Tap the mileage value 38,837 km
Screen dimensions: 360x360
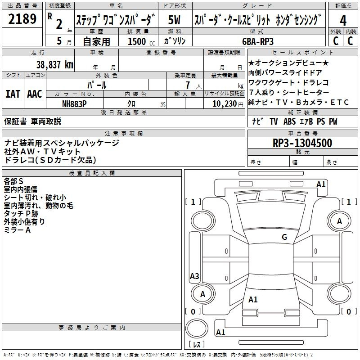pos(55,64)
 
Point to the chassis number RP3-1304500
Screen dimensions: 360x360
pos(302,144)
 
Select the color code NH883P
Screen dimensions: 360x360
pos(75,103)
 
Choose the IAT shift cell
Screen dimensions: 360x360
pos(12,94)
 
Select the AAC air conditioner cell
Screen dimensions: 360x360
pos(34,94)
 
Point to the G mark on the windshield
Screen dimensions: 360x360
pos(284,237)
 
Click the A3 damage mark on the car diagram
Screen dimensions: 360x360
pos(194,276)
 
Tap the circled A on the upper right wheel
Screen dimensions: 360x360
pos(339,221)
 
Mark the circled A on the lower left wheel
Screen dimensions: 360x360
pos(202,294)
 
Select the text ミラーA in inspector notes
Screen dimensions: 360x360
pos(17,230)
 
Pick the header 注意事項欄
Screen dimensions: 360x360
pos(123,134)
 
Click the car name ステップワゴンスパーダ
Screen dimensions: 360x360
pos(116,20)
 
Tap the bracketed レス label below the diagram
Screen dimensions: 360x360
pos(198,344)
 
